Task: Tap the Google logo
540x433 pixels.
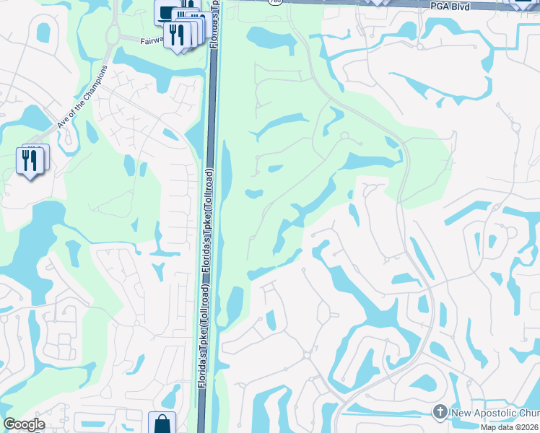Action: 24,424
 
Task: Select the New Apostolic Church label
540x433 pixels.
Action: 495,412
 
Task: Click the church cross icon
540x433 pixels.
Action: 440,411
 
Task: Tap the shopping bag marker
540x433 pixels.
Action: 162,423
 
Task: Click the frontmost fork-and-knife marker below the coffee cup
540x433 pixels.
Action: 174,33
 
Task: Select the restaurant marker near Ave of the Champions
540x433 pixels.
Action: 30,162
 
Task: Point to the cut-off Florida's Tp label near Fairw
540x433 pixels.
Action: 215,25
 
